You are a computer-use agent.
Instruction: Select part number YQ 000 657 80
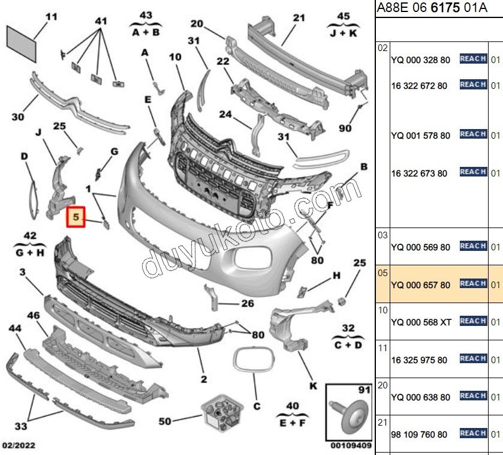tap(420, 285)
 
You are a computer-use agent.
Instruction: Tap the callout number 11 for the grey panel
tap(52, 16)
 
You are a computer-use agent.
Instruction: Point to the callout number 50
tap(165, 421)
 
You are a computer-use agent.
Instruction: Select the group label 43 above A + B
tap(146, 14)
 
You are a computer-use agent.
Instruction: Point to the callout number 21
tap(299, 17)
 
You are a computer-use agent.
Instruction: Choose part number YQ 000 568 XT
tap(421, 322)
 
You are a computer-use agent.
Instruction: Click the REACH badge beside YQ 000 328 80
tap(472, 59)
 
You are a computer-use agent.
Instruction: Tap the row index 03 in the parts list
tap(382, 235)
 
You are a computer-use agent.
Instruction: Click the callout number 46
tap(34, 315)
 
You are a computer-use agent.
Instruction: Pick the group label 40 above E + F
tap(292, 406)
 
